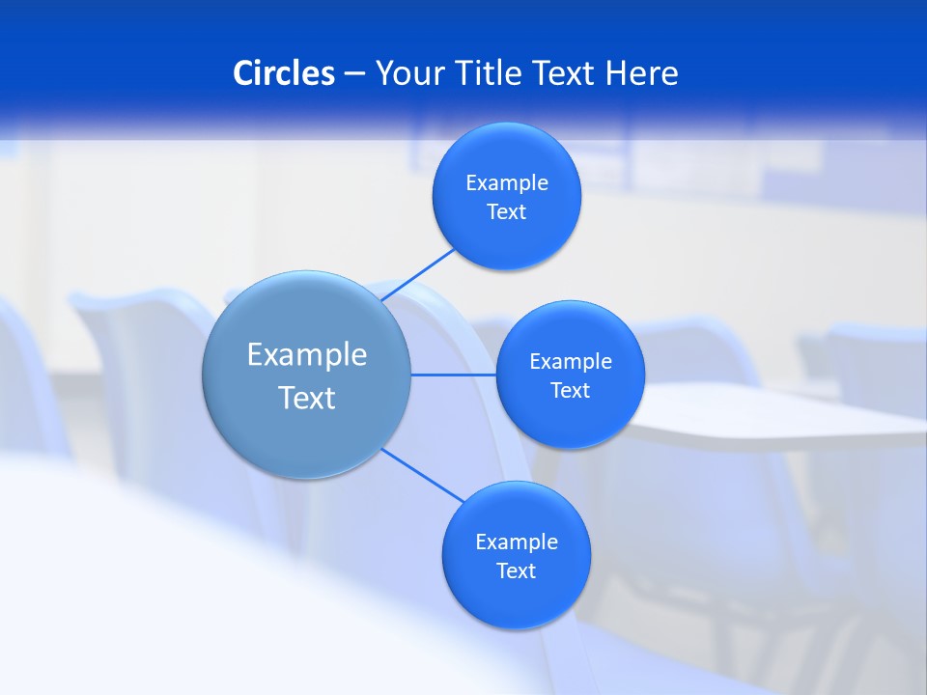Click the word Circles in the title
pos(284,72)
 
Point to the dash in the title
pos(354,73)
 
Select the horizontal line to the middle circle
pos(454,375)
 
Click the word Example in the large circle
pos(307,355)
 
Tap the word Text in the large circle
pos(307,398)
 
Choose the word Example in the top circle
pos(507,183)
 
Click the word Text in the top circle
pos(506,212)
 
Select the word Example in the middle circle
pos(571,362)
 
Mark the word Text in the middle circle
pos(570,391)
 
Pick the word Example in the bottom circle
pos(517,542)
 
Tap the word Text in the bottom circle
pos(516,571)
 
